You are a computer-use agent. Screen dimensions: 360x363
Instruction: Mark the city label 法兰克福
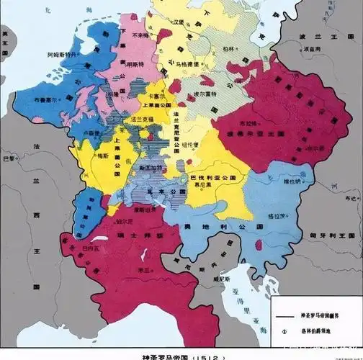click(141, 125)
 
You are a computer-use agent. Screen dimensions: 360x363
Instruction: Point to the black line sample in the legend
click(284, 317)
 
